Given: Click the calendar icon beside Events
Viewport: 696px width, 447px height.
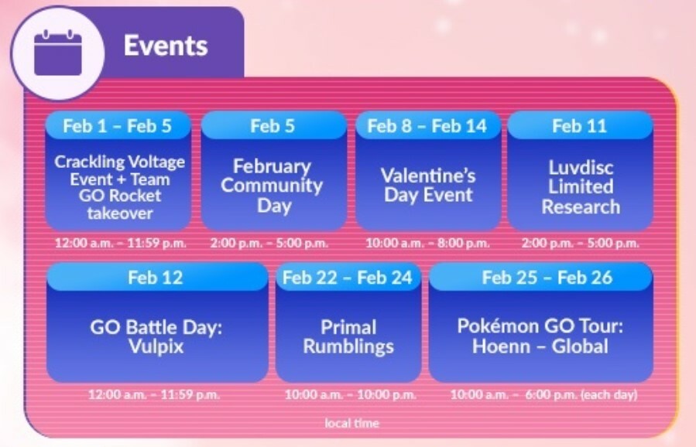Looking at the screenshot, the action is (58, 53).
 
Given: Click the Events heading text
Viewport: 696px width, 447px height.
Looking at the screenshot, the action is (166, 46).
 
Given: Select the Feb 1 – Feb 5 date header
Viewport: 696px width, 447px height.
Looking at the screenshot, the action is (117, 126).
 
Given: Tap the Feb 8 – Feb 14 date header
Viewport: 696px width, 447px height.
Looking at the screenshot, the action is (427, 126).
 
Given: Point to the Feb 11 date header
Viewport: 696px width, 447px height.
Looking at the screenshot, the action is (579, 126).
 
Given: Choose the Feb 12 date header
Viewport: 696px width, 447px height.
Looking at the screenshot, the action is (156, 278).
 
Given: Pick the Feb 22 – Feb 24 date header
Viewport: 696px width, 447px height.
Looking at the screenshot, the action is (348, 278).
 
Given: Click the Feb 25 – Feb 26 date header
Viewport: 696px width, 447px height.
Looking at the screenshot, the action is (547, 278).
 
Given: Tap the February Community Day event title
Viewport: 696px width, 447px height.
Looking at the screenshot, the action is (272, 186).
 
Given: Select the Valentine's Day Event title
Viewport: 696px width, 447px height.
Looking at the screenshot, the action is (428, 186).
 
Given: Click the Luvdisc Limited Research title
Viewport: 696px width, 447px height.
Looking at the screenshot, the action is (581, 187).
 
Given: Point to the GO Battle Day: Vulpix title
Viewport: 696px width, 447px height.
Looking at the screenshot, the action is (156, 336).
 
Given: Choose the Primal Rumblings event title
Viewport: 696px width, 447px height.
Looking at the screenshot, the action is (348, 337).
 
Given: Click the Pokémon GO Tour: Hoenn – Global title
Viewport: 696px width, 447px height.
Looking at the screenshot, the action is (540, 336).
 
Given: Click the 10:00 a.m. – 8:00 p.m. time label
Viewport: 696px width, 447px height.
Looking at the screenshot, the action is (428, 243).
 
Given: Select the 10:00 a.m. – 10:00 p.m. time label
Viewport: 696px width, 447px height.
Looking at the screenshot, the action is (351, 394).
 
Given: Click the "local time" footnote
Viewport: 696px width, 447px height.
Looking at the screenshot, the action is (352, 423).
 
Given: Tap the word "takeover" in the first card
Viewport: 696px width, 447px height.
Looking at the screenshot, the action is (120, 213).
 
